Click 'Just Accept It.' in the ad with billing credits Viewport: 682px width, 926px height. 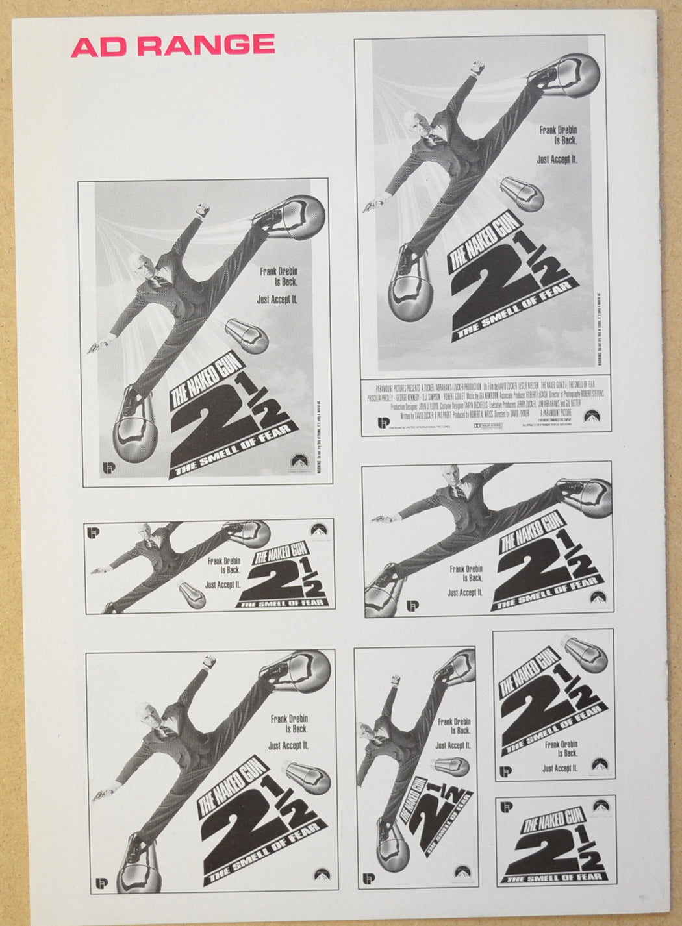coord(557,159)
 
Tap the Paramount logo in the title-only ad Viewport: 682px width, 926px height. coord(601,806)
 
